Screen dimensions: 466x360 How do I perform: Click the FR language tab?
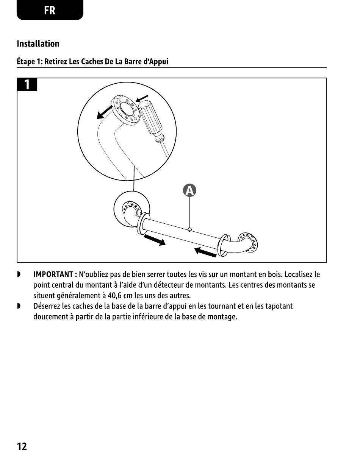pyautogui.click(x=50, y=10)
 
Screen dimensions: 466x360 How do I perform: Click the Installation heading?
pyautogui.click(x=38, y=44)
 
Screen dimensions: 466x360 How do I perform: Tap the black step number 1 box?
pyautogui.click(x=27, y=85)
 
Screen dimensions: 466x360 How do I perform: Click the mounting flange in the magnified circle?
pyautogui.click(x=125, y=109)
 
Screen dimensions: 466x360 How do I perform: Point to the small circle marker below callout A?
pyautogui.click(x=190, y=229)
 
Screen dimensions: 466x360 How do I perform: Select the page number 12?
pyautogui.click(x=22, y=447)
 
